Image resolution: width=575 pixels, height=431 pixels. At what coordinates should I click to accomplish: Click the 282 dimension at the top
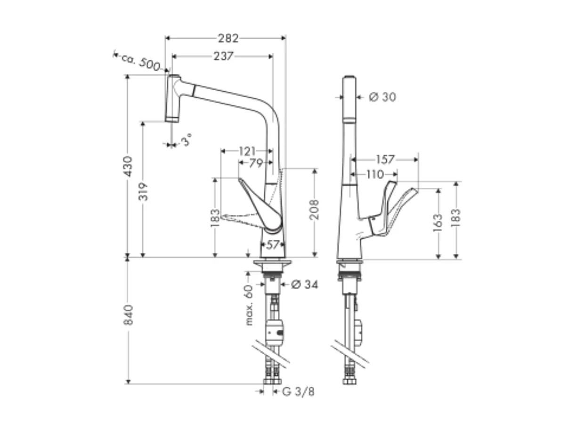pyautogui.click(x=228, y=38)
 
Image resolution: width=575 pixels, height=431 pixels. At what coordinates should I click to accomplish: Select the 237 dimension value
pyautogui.click(x=223, y=56)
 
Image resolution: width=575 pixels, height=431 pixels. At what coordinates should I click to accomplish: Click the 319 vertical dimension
pyautogui.click(x=143, y=191)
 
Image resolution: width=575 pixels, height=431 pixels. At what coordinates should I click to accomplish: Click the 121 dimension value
pyautogui.click(x=247, y=151)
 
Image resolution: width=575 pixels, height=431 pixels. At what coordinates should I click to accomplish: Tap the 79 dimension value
pyautogui.click(x=255, y=163)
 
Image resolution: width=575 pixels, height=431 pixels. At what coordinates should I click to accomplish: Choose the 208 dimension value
pyautogui.click(x=315, y=209)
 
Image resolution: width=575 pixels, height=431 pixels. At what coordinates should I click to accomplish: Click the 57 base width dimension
pyautogui.click(x=273, y=245)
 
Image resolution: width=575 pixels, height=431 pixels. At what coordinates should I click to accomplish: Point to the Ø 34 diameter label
pyautogui.click(x=304, y=285)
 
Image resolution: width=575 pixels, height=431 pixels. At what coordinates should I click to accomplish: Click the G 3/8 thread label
pyautogui.click(x=299, y=392)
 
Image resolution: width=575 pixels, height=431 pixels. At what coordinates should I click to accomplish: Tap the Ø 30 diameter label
pyautogui.click(x=382, y=97)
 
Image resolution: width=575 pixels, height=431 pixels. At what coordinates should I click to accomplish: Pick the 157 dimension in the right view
pyautogui.click(x=385, y=160)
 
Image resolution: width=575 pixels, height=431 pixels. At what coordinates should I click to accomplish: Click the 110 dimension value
pyautogui.click(x=375, y=175)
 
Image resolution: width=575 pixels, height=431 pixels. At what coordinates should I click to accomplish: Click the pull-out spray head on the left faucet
pyautogui.click(x=173, y=99)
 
